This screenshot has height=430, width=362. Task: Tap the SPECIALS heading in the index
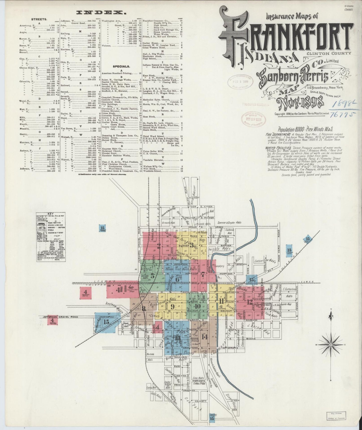click(x=121, y=67)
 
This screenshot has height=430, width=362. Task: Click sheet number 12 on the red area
click(x=250, y=302)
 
